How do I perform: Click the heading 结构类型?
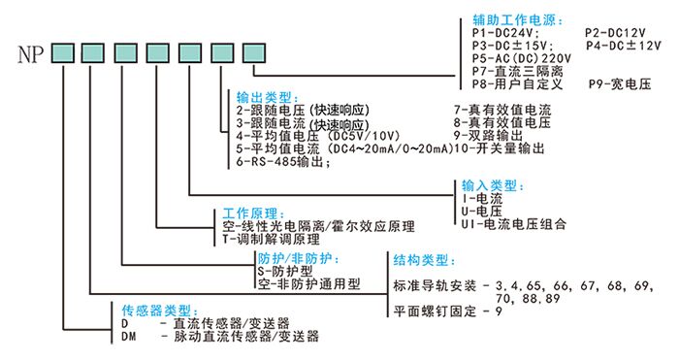click(422, 261)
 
